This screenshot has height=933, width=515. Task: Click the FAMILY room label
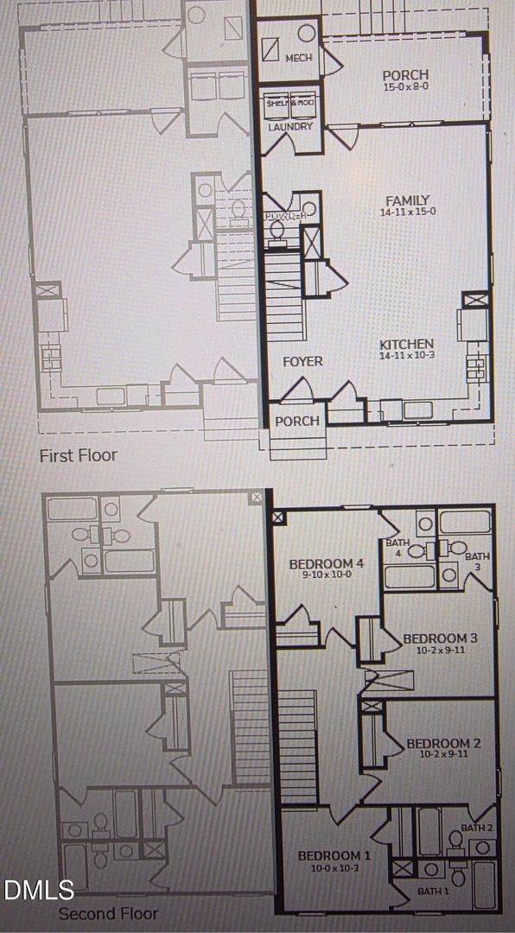(407, 200)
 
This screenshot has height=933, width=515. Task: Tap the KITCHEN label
(406, 345)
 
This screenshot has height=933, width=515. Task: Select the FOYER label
(302, 361)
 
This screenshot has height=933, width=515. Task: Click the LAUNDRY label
(290, 127)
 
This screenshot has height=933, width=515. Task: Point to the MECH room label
(299, 57)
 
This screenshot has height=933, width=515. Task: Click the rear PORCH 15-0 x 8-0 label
(405, 76)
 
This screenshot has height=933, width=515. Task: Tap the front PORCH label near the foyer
(297, 422)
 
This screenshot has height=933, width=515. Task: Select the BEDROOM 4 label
(327, 563)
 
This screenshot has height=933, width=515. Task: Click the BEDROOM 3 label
(441, 639)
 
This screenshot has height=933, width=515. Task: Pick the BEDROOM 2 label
(443, 743)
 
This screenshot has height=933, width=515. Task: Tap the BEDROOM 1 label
(334, 855)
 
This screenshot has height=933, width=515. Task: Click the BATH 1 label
(433, 891)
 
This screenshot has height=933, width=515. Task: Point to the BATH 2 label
(476, 828)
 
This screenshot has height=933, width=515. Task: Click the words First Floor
(78, 454)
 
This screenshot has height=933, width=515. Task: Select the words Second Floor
(108, 913)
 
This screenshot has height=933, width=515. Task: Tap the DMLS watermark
(39, 890)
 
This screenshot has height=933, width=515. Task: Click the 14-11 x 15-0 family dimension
(407, 212)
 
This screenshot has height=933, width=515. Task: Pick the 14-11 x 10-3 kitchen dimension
(406, 356)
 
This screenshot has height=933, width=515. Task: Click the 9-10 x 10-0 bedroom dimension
(327, 574)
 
